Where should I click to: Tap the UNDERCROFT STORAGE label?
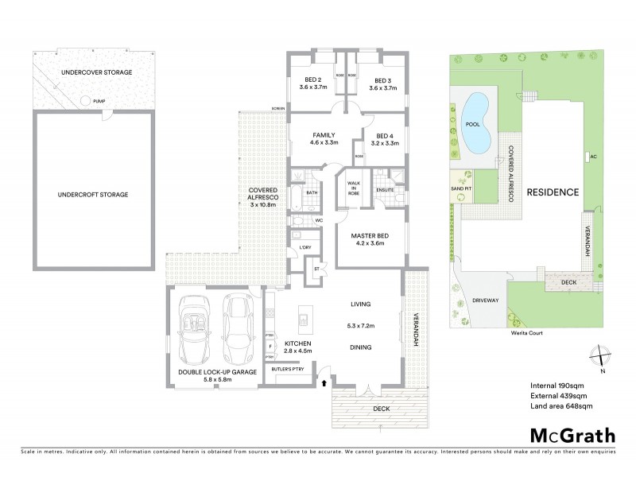[92, 193]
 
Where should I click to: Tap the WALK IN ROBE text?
[352, 188]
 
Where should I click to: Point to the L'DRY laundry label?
[305, 248]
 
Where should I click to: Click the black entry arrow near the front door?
[324, 383]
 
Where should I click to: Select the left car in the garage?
[194, 329]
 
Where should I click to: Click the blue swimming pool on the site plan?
[475, 124]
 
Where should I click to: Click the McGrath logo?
[572, 435]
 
